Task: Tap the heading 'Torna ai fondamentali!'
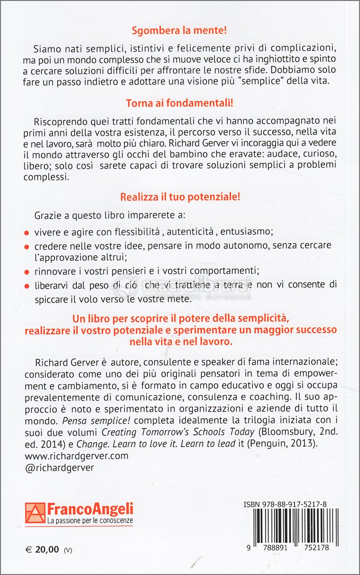[179, 103]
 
